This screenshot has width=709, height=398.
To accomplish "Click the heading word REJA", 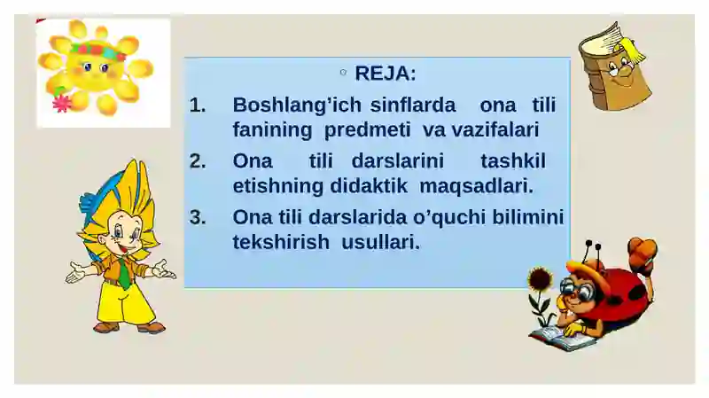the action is tap(385, 74).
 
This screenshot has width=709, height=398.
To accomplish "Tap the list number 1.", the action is tap(198, 105).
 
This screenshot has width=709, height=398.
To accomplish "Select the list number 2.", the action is tap(198, 161).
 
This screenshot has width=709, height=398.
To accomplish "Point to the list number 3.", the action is tap(198, 217).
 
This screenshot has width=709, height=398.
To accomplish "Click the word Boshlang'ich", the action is tap(297, 105).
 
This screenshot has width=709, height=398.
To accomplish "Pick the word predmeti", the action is tap(367, 129).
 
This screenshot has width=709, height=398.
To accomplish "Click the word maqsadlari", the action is tap(477, 187).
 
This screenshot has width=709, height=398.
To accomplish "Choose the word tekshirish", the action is tap(281, 242).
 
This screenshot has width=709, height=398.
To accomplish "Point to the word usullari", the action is tap(381, 242).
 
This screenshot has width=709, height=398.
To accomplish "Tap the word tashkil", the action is tap(513, 161).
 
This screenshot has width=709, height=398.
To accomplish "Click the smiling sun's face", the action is tap(96, 66).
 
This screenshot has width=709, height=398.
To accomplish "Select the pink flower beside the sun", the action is tap(62, 104).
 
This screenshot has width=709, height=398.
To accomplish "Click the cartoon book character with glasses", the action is tap(615, 66).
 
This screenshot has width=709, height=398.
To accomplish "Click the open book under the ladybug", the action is tap(562, 338).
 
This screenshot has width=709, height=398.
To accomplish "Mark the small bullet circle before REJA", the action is tap(343, 73).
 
